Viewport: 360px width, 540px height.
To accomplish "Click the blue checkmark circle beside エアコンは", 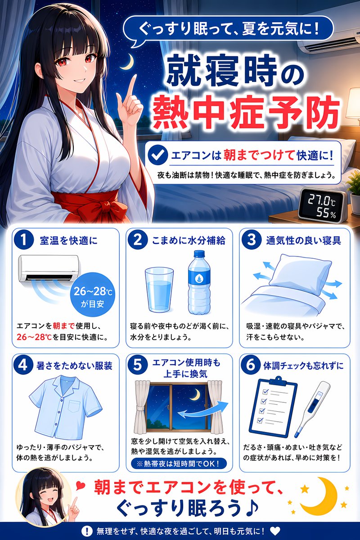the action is [158, 156].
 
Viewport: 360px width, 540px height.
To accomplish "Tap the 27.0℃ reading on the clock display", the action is [321, 201].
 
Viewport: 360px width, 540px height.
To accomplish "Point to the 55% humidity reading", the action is [326, 213].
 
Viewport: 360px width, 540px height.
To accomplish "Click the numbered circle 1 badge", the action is [24, 240].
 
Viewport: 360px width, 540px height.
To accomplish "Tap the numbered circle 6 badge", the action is [251, 365].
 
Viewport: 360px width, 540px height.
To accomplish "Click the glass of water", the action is [159, 289].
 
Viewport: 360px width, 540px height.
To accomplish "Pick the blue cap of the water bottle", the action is [199, 254].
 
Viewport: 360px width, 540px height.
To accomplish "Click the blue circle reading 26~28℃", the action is [93, 295].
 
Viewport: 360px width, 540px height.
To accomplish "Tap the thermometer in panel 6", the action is [312, 409].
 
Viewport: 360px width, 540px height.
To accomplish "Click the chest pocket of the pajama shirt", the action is [74, 406].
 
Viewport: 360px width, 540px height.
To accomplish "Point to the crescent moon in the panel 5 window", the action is [196, 395].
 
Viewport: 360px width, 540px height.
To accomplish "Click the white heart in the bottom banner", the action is [275, 531].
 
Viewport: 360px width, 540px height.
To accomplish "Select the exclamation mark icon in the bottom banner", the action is [86, 531].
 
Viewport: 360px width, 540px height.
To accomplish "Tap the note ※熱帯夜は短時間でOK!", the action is [179, 463].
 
